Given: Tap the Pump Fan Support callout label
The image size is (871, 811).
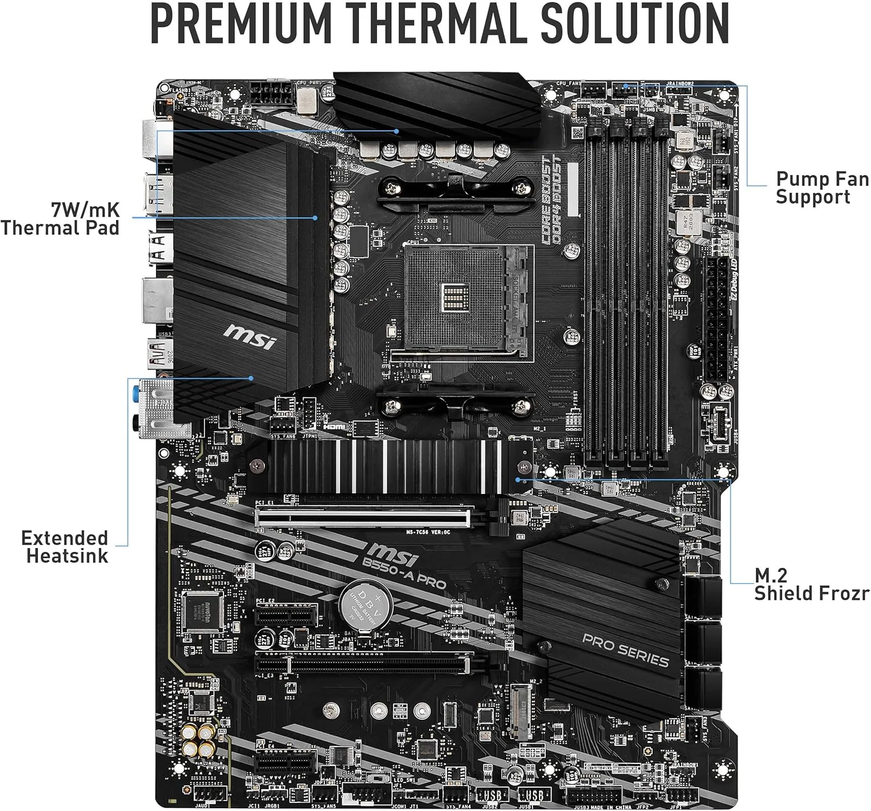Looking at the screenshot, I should (822, 188).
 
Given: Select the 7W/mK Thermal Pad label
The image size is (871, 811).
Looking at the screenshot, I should (60, 218).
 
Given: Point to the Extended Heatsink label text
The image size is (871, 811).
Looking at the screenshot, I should (65, 547).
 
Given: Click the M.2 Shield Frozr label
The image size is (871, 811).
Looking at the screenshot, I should (811, 584).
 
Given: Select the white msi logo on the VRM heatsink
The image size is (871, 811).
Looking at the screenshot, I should (250, 336).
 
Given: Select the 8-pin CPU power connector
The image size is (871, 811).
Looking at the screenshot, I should (270, 93).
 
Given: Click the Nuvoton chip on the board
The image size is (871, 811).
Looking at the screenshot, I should (203, 612).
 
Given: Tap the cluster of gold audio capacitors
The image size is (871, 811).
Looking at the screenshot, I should (197, 742).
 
